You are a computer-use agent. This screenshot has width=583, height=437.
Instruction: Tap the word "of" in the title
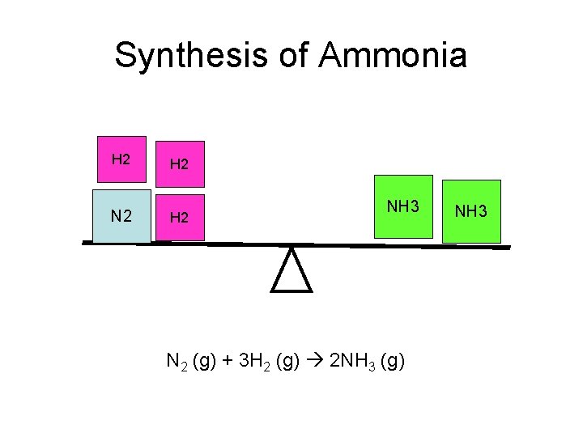click(x=297, y=56)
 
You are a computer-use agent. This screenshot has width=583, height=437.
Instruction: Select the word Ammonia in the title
click(x=393, y=56)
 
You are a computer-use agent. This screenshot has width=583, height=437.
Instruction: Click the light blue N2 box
click(x=121, y=216)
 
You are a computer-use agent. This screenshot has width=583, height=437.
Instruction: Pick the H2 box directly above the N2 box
click(x=121, y=159)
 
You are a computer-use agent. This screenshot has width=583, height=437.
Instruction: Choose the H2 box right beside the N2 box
click(x=180, y=218)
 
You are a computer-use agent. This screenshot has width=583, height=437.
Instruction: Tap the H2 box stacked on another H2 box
click(x=180, y=164)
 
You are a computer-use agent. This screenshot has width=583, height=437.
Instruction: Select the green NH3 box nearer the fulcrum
click(x=402, y=206)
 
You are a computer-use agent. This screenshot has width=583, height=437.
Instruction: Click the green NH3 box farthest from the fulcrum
click(x=471, y=211)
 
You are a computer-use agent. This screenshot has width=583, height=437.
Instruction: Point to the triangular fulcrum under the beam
click(x=291, y=271)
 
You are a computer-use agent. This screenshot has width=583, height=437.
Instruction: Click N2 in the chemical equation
click(x=176, y=361)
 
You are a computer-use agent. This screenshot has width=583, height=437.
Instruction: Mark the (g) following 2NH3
click(x=391, y=361)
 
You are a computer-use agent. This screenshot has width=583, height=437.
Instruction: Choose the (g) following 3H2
click(x=288, y=361)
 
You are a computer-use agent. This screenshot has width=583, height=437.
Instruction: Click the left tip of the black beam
click(x=84, y=242)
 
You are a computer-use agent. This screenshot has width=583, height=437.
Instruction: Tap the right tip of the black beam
click(x=509, y=248)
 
